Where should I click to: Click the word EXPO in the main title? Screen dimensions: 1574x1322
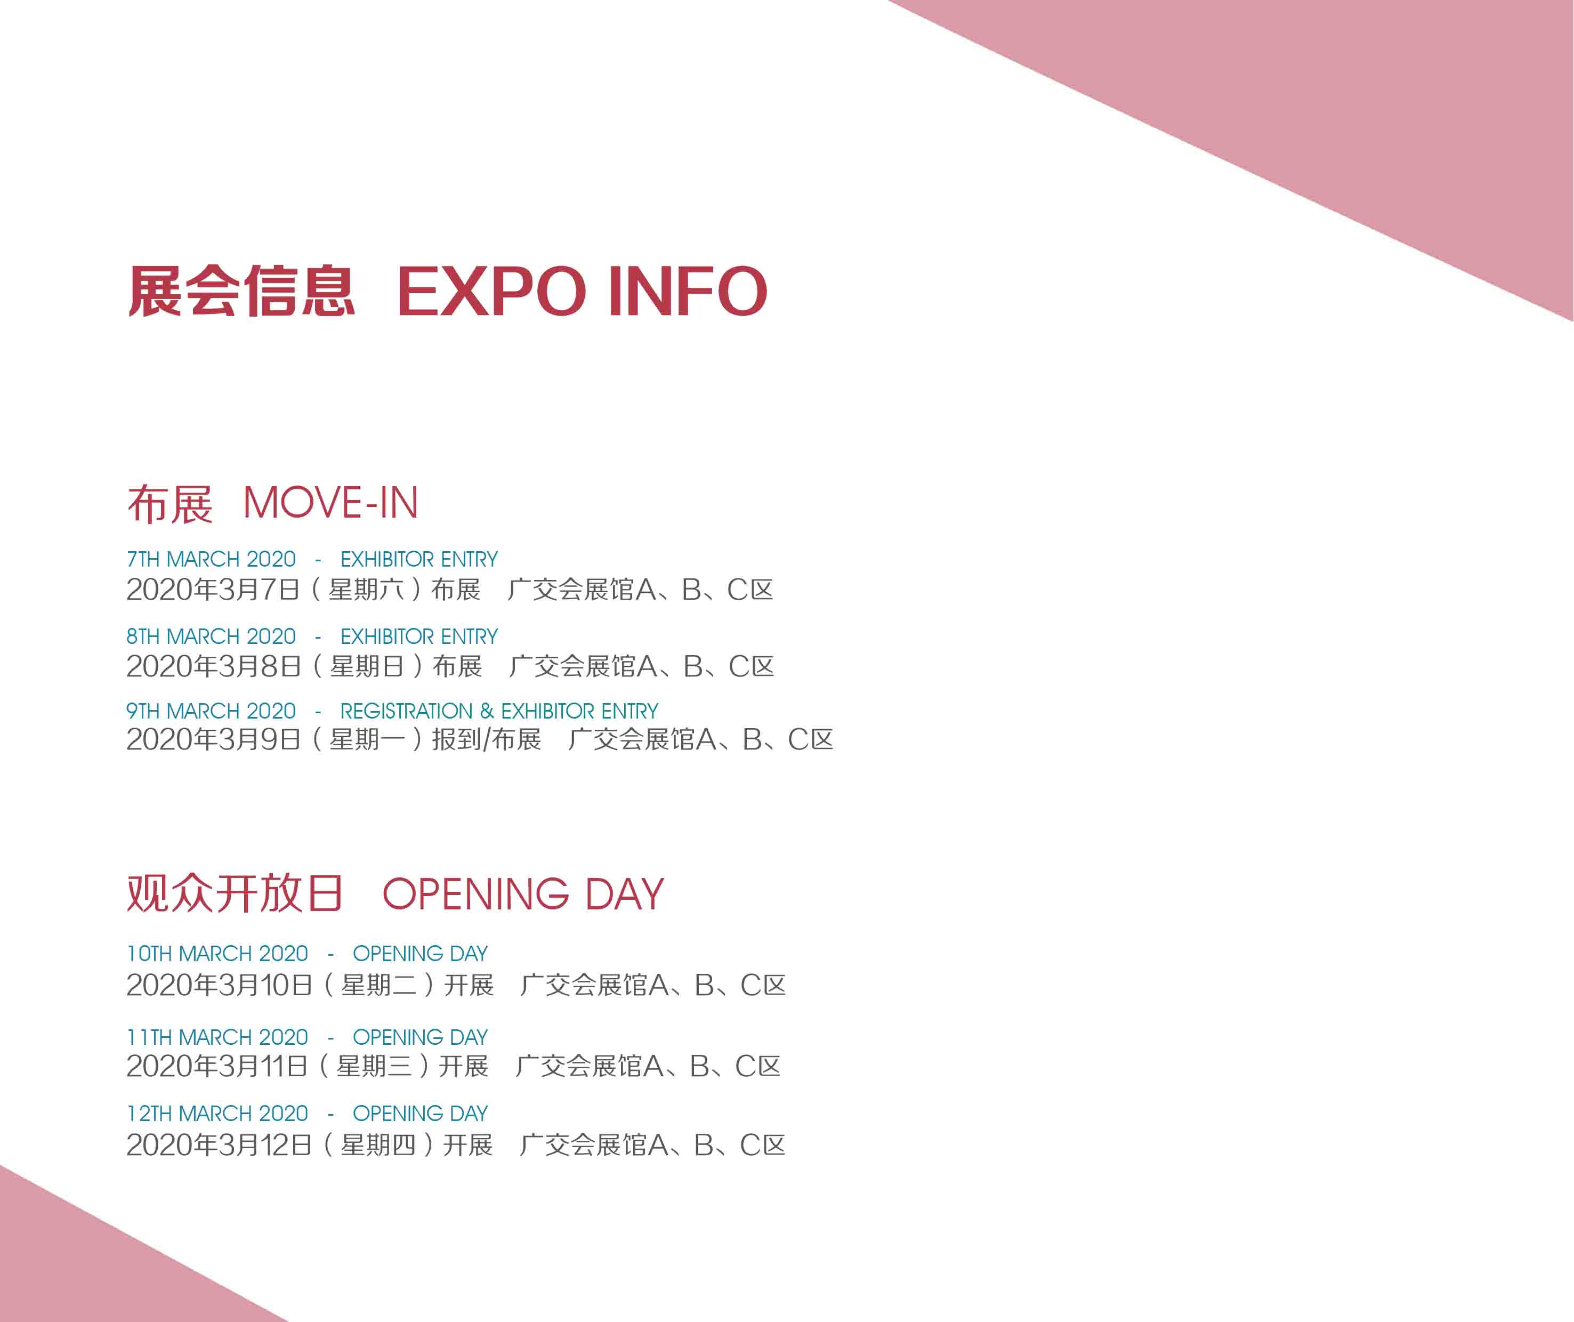[491, 291]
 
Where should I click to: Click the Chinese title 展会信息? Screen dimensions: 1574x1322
[241, 291]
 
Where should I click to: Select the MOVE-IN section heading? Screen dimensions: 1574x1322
[330, 502]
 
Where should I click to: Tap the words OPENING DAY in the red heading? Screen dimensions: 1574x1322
[523, 894]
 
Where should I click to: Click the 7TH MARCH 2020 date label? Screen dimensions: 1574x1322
[212, 559]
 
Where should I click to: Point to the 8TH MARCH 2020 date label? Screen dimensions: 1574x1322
[212, 636]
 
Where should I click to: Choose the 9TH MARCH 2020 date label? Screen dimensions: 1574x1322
[212, 711]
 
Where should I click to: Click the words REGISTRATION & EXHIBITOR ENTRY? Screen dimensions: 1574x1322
[499, 711]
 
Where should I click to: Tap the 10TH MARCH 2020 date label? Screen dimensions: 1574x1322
[217, 953]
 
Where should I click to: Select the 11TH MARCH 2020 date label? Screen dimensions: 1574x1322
[217, 1037]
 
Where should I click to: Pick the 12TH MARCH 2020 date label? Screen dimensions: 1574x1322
[217, 1114]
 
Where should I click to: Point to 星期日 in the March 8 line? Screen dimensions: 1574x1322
[367, 666]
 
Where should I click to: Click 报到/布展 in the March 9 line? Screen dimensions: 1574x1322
[487, 740]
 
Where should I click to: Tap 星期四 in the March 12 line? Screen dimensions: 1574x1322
[378, 1145]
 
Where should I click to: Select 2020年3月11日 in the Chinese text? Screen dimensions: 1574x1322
[217, 1066]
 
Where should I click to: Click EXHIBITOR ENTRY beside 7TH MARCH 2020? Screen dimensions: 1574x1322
[419, 559]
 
